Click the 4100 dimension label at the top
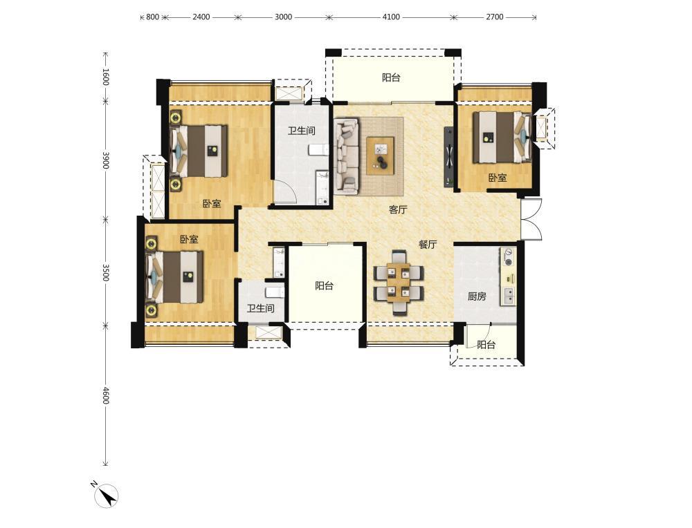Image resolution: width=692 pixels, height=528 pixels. pos(390,17)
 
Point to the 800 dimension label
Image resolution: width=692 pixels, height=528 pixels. pos(152,17)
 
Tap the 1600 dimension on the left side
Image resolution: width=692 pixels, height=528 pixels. pos(105,77)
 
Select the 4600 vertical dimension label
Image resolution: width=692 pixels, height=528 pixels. pos(105,395)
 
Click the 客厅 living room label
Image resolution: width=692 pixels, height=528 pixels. pos(398,210)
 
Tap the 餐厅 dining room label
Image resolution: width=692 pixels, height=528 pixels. pos(428,244)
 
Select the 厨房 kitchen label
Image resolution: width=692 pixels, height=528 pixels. pos(477,296)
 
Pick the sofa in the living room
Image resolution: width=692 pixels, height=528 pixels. pos(347,156)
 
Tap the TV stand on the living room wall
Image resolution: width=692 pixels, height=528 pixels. pos(449,156)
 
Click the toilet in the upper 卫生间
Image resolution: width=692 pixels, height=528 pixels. pos(318,150)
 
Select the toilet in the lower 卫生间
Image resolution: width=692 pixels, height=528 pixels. pos(275,292)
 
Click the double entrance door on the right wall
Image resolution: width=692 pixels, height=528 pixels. pos(531,220)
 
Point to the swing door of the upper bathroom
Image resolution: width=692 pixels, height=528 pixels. pos(284,191)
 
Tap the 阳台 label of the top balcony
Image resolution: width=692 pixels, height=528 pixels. pos(391,78)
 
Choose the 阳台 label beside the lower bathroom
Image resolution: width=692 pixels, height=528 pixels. pos(324,285)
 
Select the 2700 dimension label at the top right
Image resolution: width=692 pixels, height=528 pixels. pos(494,17)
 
